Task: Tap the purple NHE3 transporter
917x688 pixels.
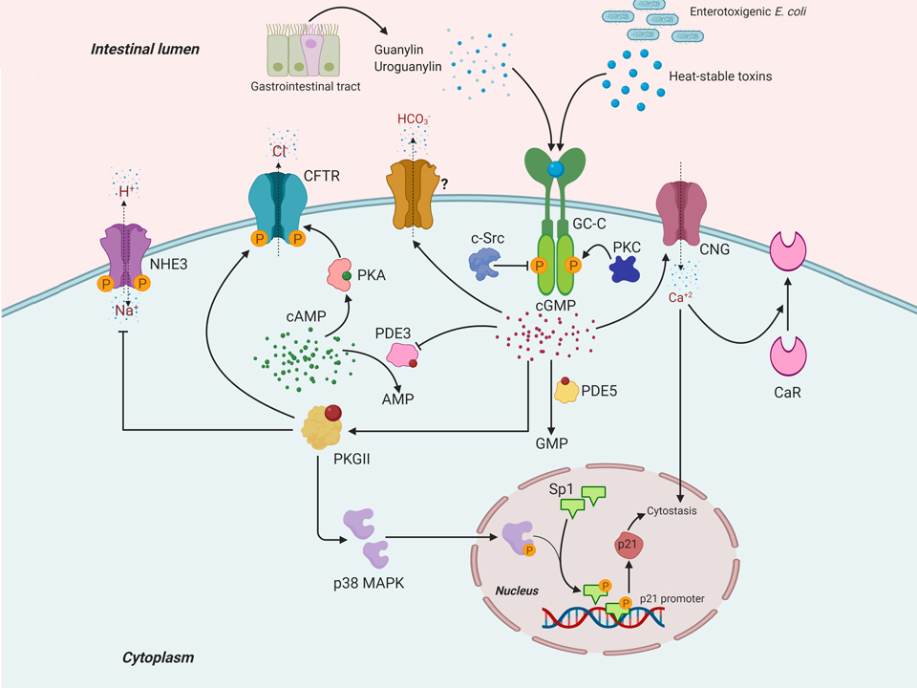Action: [128, 250]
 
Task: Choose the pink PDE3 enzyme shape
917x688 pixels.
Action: [404, 353]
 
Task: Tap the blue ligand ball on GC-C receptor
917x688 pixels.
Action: [555, 169]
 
